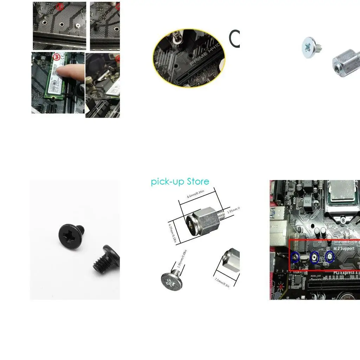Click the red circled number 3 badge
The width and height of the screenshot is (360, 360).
(x=56, y=57)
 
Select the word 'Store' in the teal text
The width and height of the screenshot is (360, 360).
(x=198, y=181)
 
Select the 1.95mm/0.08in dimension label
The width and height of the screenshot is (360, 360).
(x=181, y=259)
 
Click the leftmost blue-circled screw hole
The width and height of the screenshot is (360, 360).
(x=295, y=258)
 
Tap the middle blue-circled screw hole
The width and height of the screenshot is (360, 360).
(x=314, y=258)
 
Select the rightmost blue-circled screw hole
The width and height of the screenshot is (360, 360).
(x=329, y=257)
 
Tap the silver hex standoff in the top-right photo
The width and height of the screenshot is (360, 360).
(x=345, y=64)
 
